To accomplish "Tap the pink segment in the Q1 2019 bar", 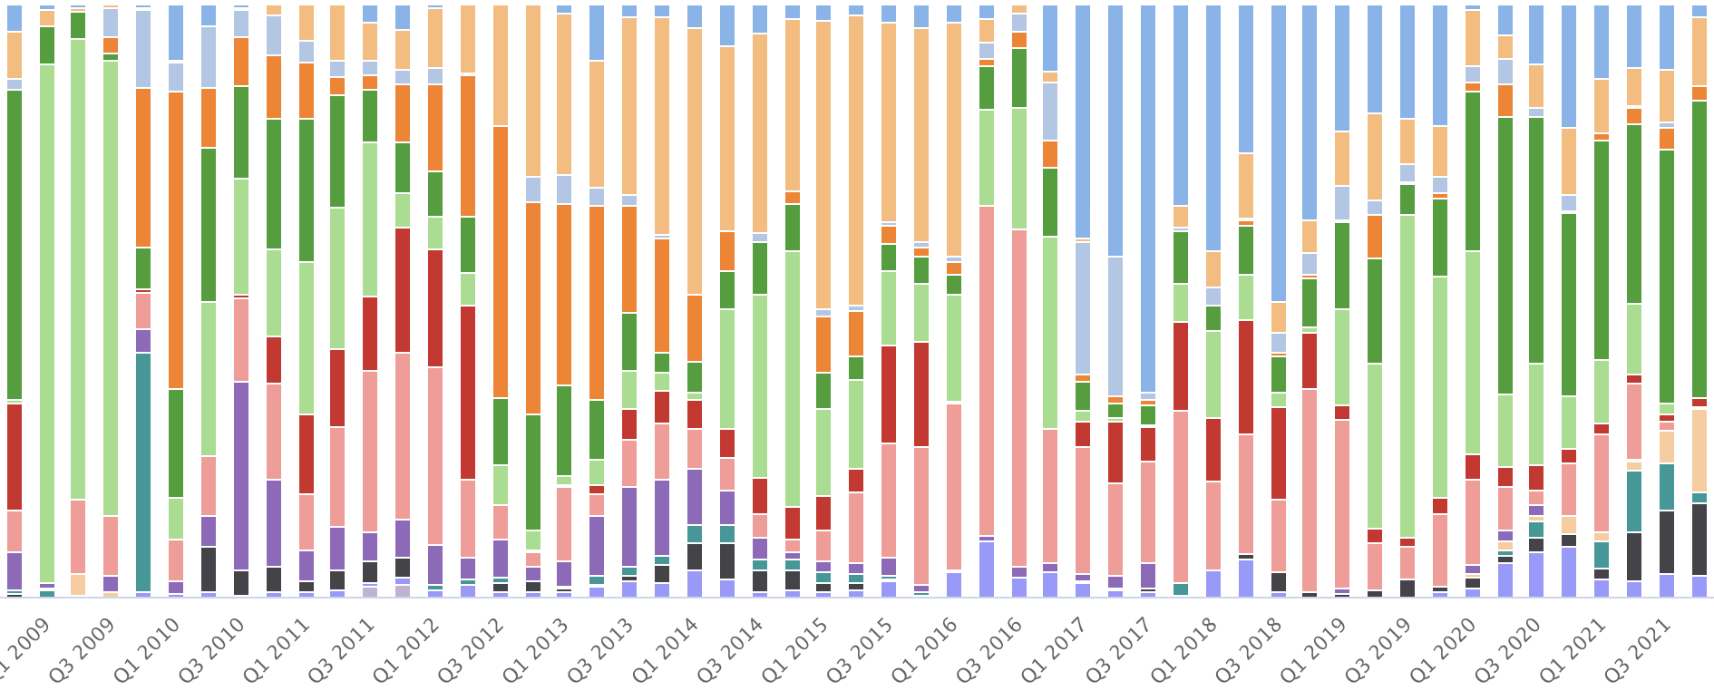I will tap(1310, 490).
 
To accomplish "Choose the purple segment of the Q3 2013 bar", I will tap(629, 526).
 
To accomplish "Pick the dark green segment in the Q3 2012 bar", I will tap(501, 432).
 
